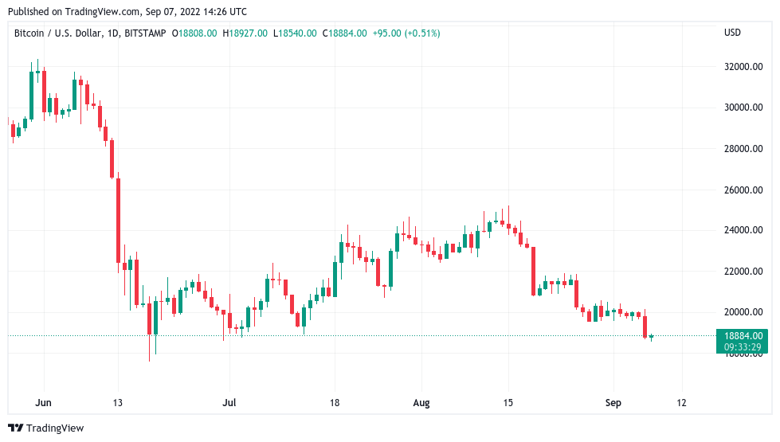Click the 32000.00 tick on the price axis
[744, 67]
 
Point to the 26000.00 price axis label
[744, 190]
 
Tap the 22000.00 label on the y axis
[744, 272]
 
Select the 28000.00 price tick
[744, 149]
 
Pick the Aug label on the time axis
[421, 403]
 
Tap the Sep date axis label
[614, 403]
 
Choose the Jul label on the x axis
[229, 403]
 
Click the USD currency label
[732, 33]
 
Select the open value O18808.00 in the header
[196, 33]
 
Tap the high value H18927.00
[245, 33]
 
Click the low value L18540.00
[295, 33]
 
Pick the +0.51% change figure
[422, 33]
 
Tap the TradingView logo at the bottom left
[45, 428]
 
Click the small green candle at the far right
[652, 337]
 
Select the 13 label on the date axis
[118, 403]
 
